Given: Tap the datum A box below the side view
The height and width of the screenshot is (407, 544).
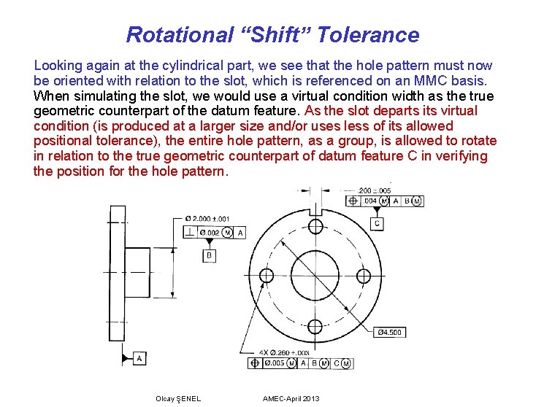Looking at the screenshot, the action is [x=139, y=358].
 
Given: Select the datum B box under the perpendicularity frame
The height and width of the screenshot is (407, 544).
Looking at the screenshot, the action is [x=209, y=255].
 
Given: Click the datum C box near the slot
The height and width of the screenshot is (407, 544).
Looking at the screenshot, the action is [x=377, y=223].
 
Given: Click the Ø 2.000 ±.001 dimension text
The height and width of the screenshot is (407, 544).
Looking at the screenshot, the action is [x=207, y=217].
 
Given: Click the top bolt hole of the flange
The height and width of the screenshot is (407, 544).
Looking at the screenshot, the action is [x=315, y=225].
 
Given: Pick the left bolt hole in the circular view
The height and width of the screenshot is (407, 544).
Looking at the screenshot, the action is [x=267, y=275].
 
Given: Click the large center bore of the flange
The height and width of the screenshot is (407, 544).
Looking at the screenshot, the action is [x=315, y=275].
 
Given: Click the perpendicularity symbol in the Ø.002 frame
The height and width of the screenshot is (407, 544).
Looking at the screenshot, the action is [x=189, y=232].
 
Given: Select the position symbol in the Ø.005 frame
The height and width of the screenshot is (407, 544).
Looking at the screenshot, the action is [x=255, y=363].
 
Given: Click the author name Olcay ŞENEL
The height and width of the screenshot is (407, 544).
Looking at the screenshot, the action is [x=178, y=398].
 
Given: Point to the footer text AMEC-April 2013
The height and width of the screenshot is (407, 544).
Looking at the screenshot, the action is [x=291, y=398].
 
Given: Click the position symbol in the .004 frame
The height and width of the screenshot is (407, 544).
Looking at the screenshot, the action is [x=353, y=201].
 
